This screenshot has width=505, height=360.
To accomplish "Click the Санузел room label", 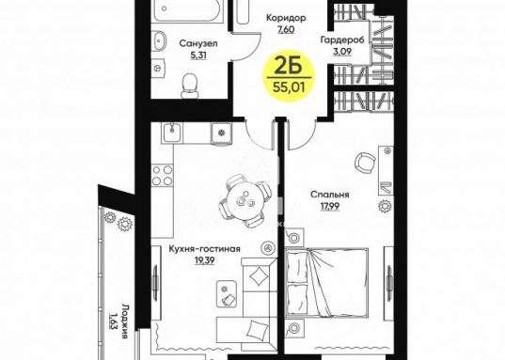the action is [x=198, y=43].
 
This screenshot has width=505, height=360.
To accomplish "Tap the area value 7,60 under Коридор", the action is [x=286, y=30].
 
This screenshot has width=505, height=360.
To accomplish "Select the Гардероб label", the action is [x=342, y=39].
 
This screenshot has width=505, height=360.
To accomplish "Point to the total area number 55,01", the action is [x=289, y=86].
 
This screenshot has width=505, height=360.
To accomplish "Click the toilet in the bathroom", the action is [x=189, y=86].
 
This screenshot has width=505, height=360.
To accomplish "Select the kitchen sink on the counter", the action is [x=172, y=132].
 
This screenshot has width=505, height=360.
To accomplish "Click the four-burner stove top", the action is [x=163, y=175].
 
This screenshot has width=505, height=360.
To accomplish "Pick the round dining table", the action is [x=245, y=199].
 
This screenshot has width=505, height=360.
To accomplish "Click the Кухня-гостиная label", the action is [x=204, y=249].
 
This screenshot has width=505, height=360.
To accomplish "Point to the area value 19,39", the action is [x=204, y=260].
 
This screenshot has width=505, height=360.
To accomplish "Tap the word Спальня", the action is [x=330, y=195].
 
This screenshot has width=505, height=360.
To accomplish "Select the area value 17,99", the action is [x=330, y=206].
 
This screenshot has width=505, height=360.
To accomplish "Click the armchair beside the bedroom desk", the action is [x=365, y=163].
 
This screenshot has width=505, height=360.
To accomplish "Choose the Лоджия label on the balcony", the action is [x=125, y=321].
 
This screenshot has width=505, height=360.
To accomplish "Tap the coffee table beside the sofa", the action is [x=227, y=293].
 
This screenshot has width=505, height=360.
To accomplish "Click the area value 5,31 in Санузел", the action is [x=198, y=55].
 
